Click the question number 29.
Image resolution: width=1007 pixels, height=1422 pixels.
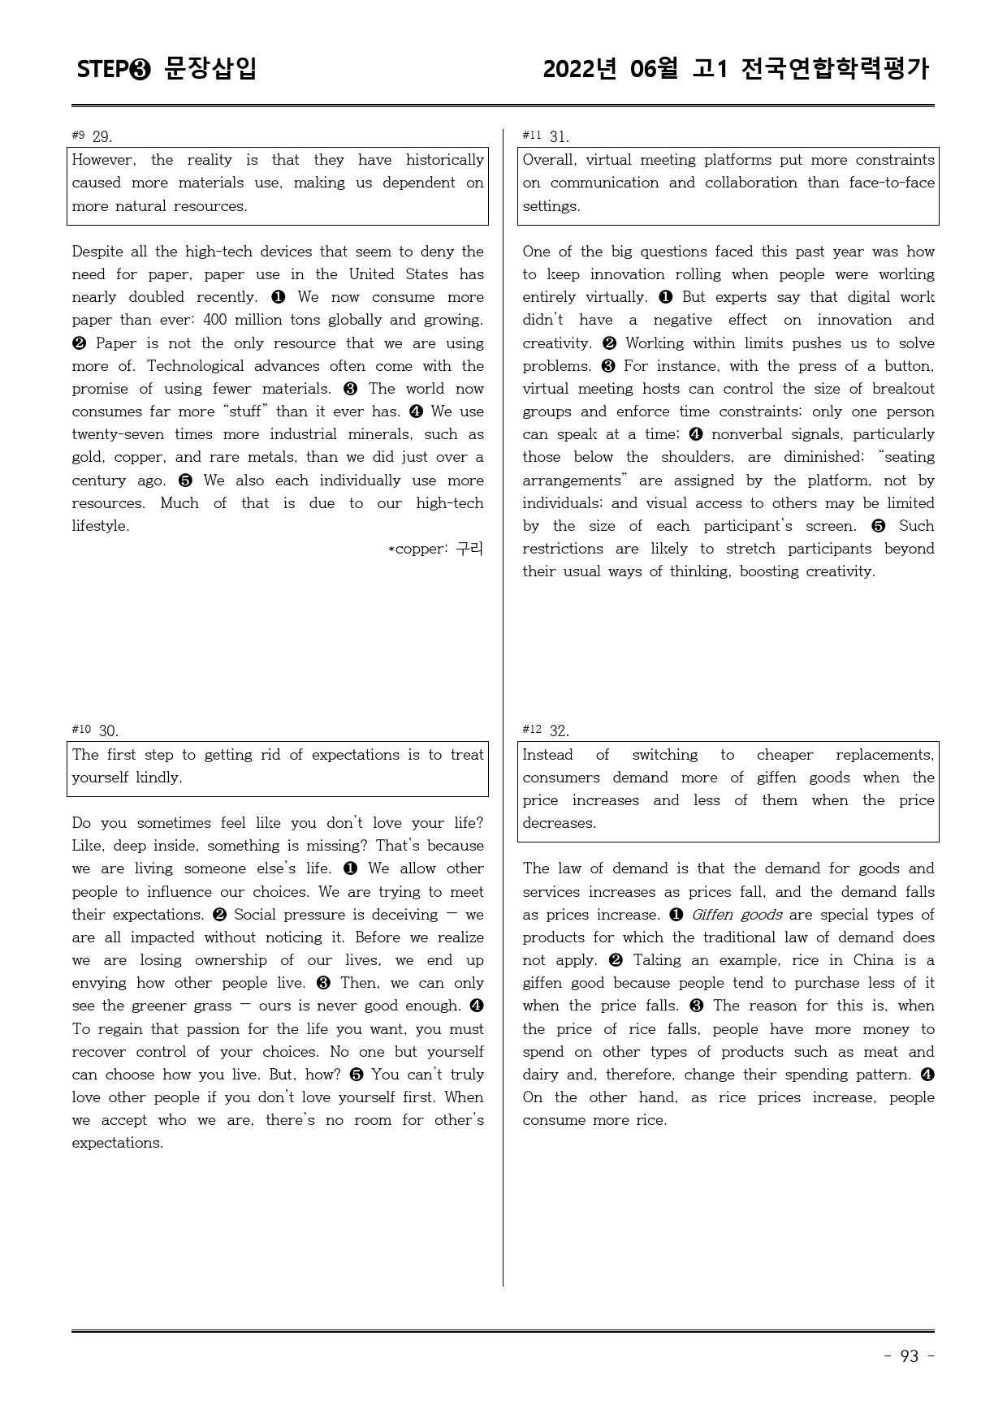click(x=102, y=136)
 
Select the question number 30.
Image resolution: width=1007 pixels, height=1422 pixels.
click(x=108, y=730)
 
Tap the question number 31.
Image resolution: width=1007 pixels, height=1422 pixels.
click(x=559, y=136)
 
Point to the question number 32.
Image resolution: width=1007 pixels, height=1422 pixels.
click(x=559, y=730)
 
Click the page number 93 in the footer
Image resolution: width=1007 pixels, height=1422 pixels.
click(x=910, y=1356)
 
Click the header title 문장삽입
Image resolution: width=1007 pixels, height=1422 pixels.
click(x=210, y=69)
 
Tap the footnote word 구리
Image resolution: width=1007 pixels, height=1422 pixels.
click(x=469, y=549)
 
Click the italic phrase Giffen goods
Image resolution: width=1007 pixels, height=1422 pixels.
click(x=737, y=915)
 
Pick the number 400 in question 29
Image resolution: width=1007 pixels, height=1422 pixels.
click(x=216, y=320)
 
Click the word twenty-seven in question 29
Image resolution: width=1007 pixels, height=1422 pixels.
click(x=118, y=434)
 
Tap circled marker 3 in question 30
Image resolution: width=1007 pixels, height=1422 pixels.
click(x=323, y=983)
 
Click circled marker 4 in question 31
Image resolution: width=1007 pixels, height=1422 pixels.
click(x=695, y=434)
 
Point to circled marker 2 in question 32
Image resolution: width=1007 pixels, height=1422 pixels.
click(x=616, y=960)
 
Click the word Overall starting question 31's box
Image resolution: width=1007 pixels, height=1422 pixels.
click(x=548, y=160)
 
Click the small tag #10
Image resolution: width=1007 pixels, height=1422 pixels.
click(x=81, y=729)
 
